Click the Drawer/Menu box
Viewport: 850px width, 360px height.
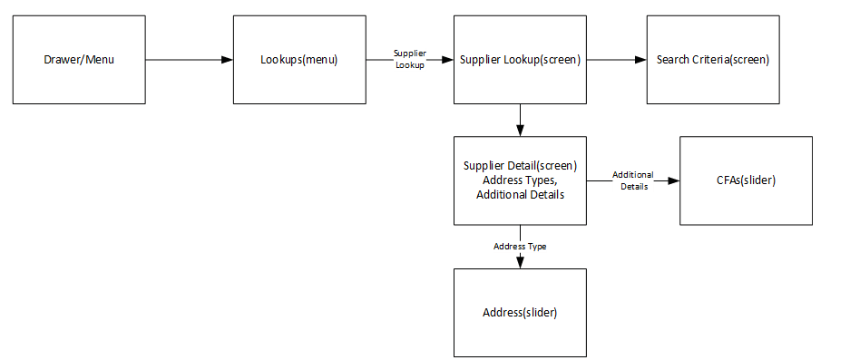[x=79, y=60]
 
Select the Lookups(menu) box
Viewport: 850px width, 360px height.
[x=298, y=60]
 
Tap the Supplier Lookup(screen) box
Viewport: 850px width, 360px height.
[x=520, y=60]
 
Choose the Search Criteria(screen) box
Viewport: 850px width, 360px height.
[x=712, y=60]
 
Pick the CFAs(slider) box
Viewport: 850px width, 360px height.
[x=745, y=180]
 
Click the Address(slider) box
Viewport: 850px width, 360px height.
[x=520, y=312]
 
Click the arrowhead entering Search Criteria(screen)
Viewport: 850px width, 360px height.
[x=640, y=60]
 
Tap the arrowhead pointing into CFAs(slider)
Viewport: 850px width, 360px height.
[x=674, y=180]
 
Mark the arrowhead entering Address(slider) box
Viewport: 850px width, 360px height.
[x=520, y=263]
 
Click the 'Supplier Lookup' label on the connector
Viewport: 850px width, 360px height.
[x=409, y=60]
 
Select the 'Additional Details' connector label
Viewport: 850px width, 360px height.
[x=632, y=180]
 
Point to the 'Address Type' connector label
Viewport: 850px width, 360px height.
[x=520, y=246]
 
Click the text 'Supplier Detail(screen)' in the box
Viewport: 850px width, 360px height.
[x=520, y=167]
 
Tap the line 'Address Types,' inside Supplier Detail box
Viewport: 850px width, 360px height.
[x=520, y=180]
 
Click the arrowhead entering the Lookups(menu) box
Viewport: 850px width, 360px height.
[x=228, y=60]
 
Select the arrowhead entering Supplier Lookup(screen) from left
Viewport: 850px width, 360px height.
[x=447, y=60]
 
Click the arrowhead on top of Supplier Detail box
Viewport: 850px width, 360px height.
[x=520, y=131]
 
